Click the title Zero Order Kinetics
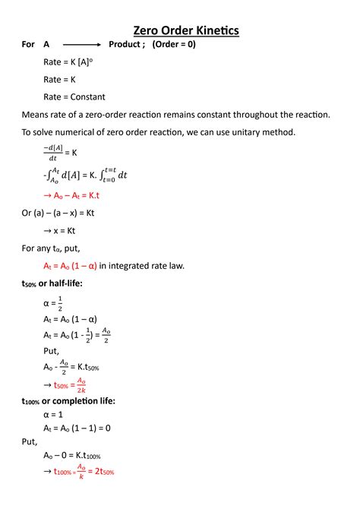(186, 30)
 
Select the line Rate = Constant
(74, 97)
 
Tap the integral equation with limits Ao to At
(84, 175)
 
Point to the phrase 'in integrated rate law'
(142, 266)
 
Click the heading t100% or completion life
(69, 400)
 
